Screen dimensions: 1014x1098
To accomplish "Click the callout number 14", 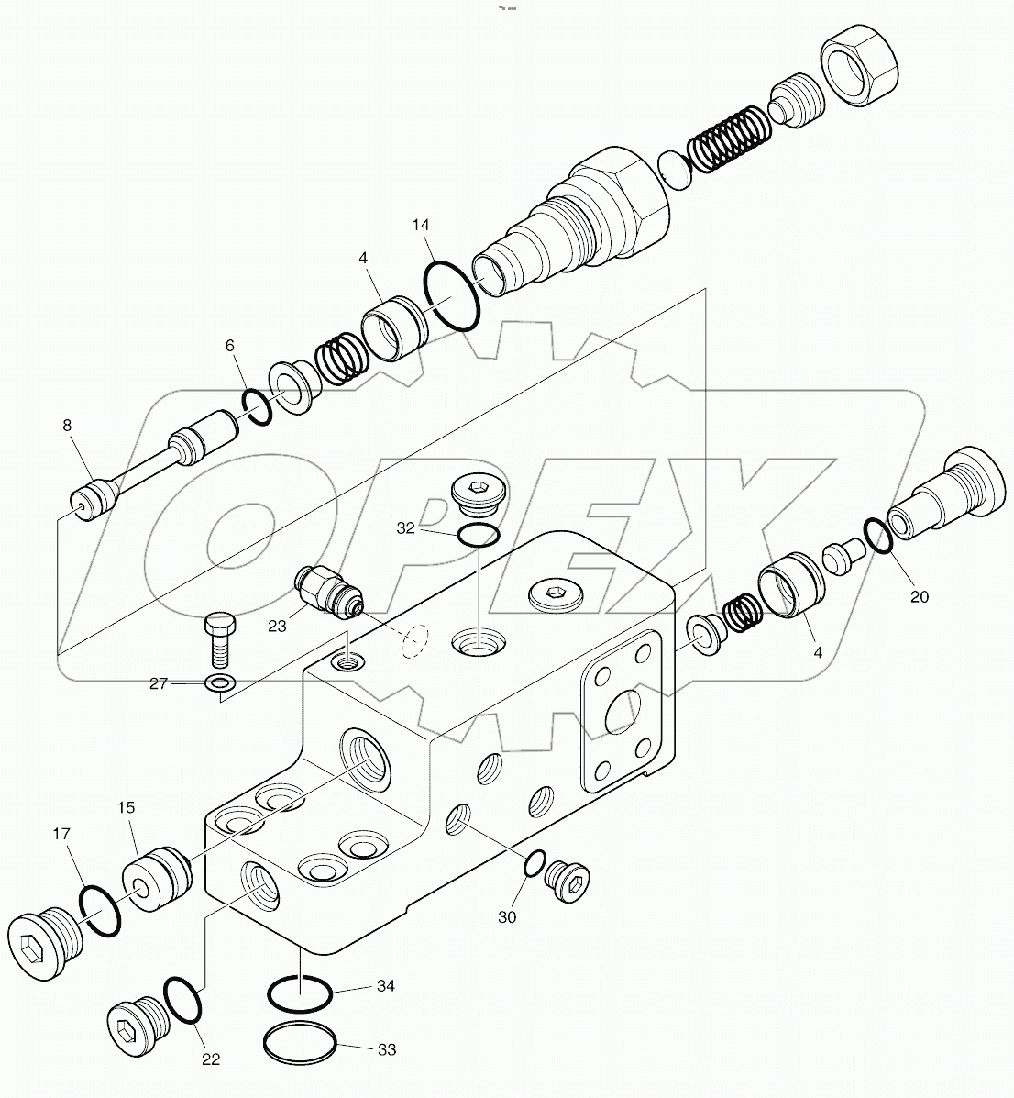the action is click(421, 225).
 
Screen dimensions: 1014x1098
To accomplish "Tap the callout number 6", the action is click(230, 345).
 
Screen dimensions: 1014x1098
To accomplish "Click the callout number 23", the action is click(278, 626).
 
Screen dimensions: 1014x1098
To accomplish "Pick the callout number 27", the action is click(160, 682).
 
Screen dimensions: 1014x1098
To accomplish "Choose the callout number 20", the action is click(920, 596).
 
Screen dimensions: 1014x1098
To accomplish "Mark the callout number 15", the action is click(126, 807).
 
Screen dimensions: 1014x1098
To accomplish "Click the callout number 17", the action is click(61, 835).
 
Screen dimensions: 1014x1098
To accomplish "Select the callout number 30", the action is click(507, 916).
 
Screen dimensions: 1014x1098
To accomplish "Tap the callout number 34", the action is click(386, 986).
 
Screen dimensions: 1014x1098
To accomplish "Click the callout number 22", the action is click(211, 1059).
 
